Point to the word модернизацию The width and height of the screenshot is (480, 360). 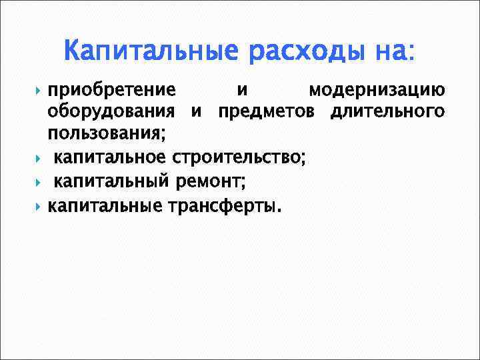[x=377, y=91]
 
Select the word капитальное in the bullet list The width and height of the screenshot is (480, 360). [x=109, y=157]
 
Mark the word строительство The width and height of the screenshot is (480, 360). [x=238, y=157]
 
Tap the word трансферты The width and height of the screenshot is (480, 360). [x=223, y=206]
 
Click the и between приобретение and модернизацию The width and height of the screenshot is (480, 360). [x=242, y=91]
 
